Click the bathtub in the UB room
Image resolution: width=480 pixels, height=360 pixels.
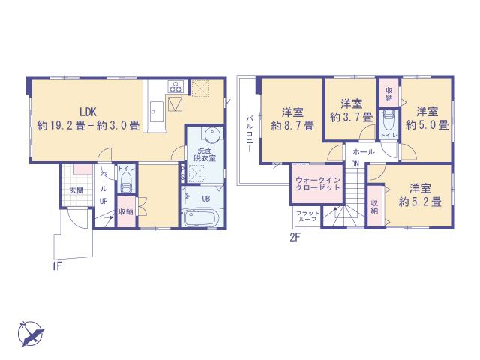pyautogui.click(x=200, y=220)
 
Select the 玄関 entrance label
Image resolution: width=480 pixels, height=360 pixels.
pyautogui.click(x=76, y=190)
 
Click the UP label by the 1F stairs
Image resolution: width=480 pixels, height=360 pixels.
pyautogui.click(x=103, y=202)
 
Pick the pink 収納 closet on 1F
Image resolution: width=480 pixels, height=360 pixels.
pyautogui.click(x=126, y=211)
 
